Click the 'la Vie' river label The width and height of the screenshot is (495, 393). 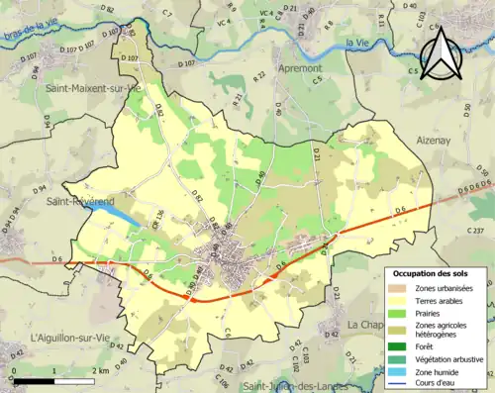click(x=356, y=43)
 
